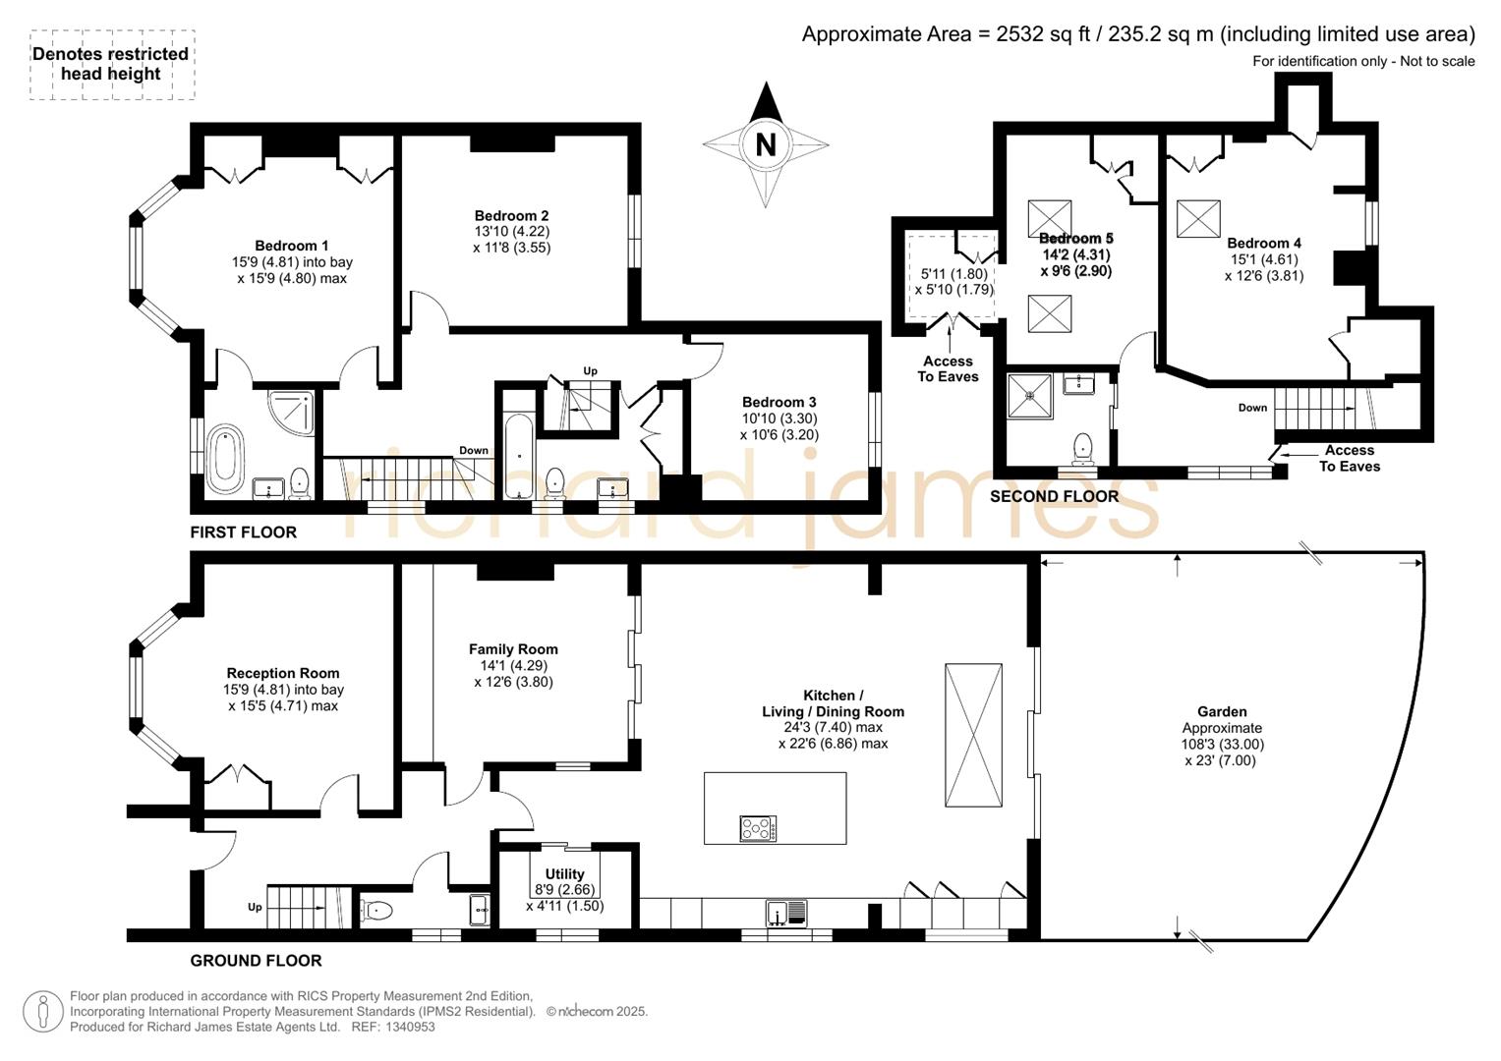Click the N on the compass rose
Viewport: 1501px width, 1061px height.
pos(765,144)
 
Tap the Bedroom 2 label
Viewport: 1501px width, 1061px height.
pos(511,216)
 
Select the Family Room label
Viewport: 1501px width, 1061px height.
pos(513,649)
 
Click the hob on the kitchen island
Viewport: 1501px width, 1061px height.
pos(759,828)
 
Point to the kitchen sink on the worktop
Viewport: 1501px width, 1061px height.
pos(786,913)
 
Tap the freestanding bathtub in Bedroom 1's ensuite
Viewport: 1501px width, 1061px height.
pos(225,458)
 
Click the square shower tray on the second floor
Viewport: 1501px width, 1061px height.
pos(1030,395)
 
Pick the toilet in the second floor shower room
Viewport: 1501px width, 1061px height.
pos(1082,449)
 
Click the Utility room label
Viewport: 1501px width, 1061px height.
pos(564,874)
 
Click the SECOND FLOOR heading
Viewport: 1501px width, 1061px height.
pos(1054,496)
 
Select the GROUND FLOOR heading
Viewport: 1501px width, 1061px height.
pos(256,961)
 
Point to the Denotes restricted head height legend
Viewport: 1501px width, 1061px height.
pos(111,64)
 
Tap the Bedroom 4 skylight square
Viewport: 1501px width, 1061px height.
pos(1198,218)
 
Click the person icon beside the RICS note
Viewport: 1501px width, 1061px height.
pos(43,1012)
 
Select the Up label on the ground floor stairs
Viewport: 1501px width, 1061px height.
pos(255,907)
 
